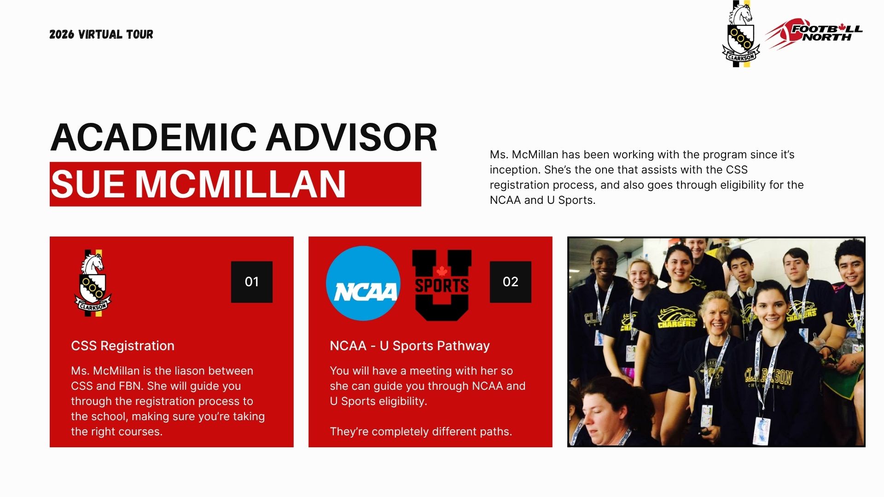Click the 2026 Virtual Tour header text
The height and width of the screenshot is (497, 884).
pyautogui.click(x=101, y=35)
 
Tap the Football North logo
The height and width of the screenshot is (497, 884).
pyautogui.click(x=814, y=33)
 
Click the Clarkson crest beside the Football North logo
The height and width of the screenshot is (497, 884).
pyautogui.click(x=741, y=34)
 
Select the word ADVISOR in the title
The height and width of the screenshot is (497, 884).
pyautogui.click(x=352, y=137)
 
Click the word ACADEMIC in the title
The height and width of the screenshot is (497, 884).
pyautogui.click(x=153, y=137)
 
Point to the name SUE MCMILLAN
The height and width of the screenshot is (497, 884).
pyautogui.click(x=198, y=184)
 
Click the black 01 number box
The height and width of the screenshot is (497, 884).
pyautogui.click(x=252, y=282)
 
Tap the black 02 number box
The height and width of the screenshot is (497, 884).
pyautogui.click(x=511, y=282)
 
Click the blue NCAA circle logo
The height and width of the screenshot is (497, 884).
pyautogui.click(x=363, y=283)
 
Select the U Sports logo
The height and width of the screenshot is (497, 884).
pyautogui.click(x=442, y=285)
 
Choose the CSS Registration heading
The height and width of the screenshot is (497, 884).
pyautogui.click(x=123, y=346)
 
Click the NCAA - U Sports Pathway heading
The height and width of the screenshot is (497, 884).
pyautogui.click(x=410, y=346)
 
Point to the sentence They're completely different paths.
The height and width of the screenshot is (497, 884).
pyautogui.click(x=421, y=432)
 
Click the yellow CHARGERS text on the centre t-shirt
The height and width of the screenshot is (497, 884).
pyautogui.click(x=677, y=324)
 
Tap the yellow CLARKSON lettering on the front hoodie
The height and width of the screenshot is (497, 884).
pyautogui.click(x=769, y=376)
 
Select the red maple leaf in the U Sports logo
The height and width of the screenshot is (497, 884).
pyautogui.click(x=442, y=271)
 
